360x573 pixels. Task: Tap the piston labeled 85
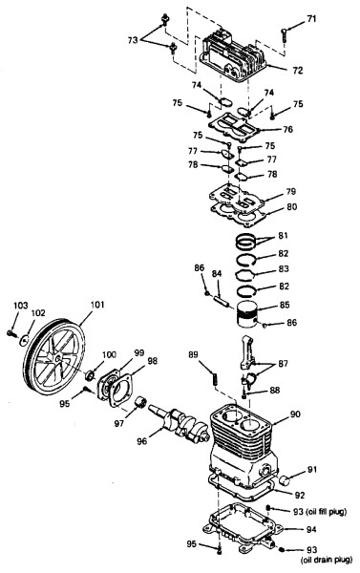(x=247, y=316)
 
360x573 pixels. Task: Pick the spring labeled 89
(x=215, y=377)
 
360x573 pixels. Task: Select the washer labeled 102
(x=24, y=340)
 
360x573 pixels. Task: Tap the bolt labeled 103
(x=11, y=333)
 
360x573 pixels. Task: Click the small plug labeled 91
(x=285, y=480)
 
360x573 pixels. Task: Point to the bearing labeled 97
(x=140, y=402)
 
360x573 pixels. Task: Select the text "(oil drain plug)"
(x=326, y=559)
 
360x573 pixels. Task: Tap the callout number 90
(x=295, y=414)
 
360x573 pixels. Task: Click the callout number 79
(x=291, y=191)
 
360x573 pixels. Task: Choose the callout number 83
(x=284, y=268)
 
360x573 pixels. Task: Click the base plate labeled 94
(x=243, y=527)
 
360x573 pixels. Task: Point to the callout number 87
(x=283, y=364)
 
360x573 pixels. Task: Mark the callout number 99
(x=138, y=353)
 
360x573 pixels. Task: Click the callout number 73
(x=133, y=39)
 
